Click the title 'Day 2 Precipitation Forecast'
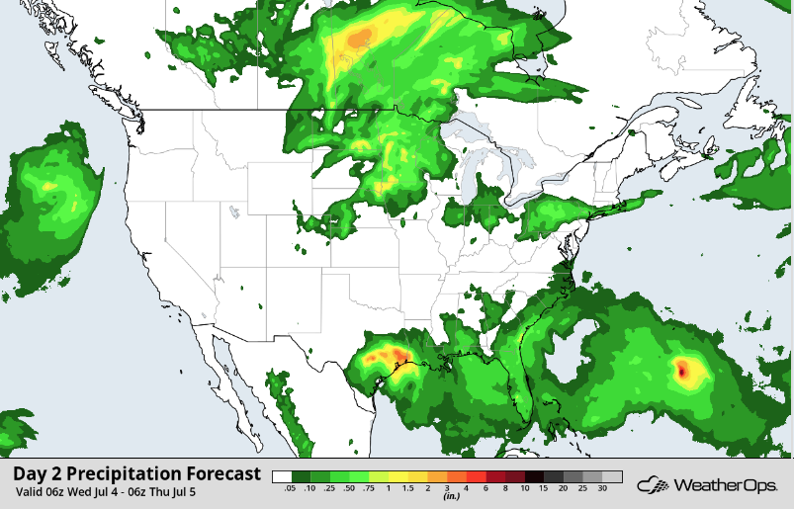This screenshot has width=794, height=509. pyautogui.click(x=137, y=473)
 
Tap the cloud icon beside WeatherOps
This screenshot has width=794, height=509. pyautogui.click(x=652, y=484)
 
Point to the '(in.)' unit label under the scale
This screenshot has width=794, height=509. pyautogui.click(x=447, y=497)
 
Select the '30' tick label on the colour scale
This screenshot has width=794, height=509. pyautogui.click(x=602, y=489)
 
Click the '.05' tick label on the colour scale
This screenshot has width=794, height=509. pyautogui.click(x=291, y=489)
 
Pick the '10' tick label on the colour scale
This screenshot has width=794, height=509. pyautogui.click(x=524, y=489)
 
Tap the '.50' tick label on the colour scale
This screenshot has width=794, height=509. pyautogui.click(x=349, y=489)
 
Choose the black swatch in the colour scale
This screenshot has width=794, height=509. pyautogui.click(x=534, y=476)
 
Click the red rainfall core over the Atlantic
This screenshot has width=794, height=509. pyautogui.click(x=682, y=372)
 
